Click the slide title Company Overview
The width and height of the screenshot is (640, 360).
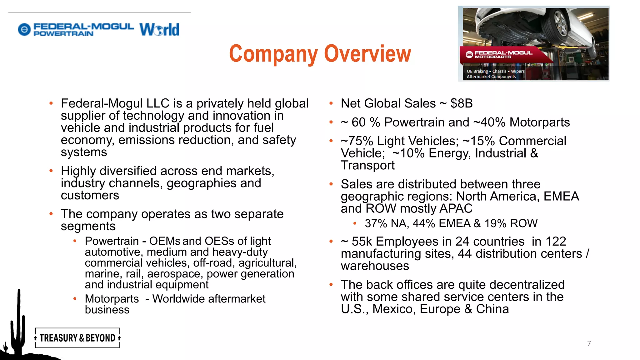point(320,54)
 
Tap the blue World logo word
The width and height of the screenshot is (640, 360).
point(159,30)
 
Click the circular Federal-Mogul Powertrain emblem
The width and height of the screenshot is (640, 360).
point(24,30)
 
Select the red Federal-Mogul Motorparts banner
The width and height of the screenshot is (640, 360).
point(503,55)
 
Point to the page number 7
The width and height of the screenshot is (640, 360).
point(589,343)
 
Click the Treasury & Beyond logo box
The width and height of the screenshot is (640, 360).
point(77,338)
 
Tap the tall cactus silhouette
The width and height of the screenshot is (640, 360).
point(18,322)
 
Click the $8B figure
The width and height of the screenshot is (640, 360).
point(461,103)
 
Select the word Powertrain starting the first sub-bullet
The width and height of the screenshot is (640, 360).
point(112,241)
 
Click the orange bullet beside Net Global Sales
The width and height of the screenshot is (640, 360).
point(331,103)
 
